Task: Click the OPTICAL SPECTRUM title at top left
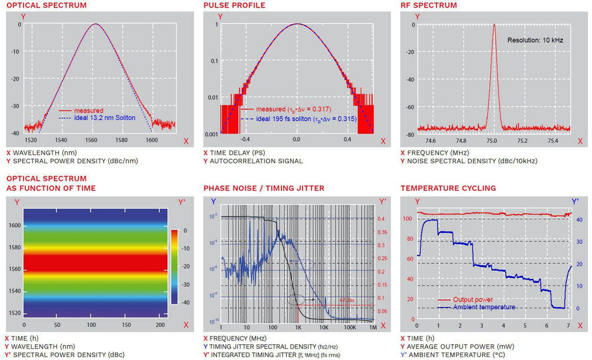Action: click(x=46, y=5)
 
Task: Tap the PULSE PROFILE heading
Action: click(x=234, y=5)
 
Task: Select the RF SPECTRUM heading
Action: click(x=429, y=5)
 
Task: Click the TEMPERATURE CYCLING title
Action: click(x=448, y=188)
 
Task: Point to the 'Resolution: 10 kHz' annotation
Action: click(x=535, y=40)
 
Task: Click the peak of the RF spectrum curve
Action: click(x=494, y=25)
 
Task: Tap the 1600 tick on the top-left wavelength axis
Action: click(x=152, y=140)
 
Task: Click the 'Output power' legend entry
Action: click(x=473, y=299)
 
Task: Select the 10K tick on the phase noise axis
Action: click(x=324, y=327)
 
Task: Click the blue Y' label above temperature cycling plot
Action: click(x=575, y=201)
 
